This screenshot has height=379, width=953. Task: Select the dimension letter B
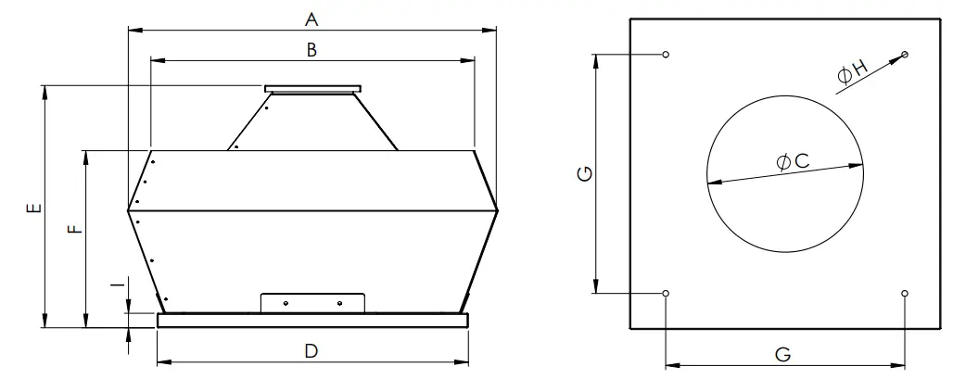click(312, 51)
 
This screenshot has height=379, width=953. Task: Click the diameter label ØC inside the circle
click(793, 162)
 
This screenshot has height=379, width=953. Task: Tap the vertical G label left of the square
click(582, 174)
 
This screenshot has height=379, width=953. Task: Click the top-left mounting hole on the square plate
click(667, 56)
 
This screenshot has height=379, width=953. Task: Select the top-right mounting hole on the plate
click(905, 56)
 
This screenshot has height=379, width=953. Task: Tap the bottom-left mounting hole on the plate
click(667, 293)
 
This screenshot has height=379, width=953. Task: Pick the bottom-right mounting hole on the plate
click(905, 293)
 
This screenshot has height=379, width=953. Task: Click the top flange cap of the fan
click(312, 89)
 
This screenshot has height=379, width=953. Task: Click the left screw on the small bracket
click(286, 303)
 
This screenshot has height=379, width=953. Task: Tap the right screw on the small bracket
click(339, 303)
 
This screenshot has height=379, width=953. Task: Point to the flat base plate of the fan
click(312, 321)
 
